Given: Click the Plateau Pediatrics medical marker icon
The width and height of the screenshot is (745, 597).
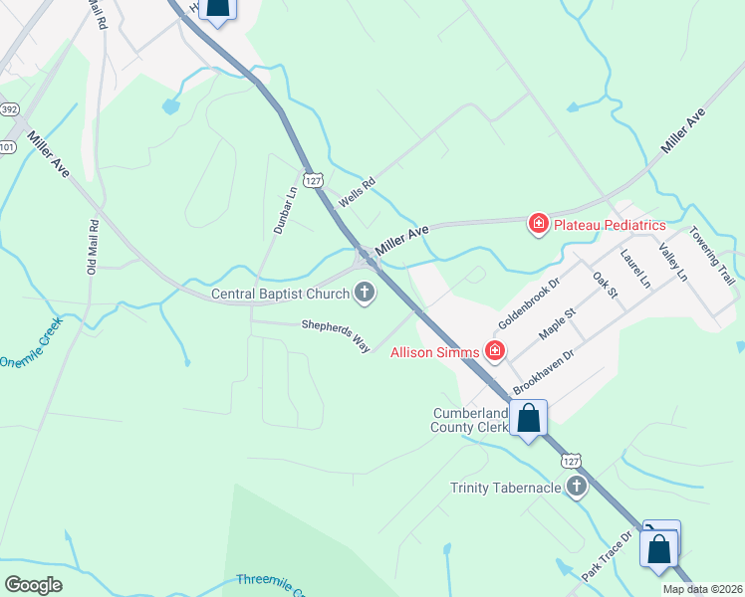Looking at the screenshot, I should pyautogui.click(x=539, y=224).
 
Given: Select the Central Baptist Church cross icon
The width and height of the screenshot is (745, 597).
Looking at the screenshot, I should pyautogui.click(x=366, y=293).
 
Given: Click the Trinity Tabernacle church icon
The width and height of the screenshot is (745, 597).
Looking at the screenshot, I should pyautogui.click(x=576, y=487).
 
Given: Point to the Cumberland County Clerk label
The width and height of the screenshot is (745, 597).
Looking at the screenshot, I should pyautogui.click(x=469, y=420).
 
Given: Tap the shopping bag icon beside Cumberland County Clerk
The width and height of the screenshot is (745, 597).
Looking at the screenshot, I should pyautogui.click(x=529, y=418).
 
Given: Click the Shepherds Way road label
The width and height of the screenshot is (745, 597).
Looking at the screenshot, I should pyautogui.click(x=337, y=333).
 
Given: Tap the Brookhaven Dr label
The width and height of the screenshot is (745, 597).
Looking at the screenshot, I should pyautogui.click(x=544, y=371).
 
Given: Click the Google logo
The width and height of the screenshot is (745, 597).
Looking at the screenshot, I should pyautogui.click(x=34, y=585).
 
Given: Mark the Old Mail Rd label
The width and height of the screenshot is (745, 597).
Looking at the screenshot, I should pyautogui.click(x=92, y=247).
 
